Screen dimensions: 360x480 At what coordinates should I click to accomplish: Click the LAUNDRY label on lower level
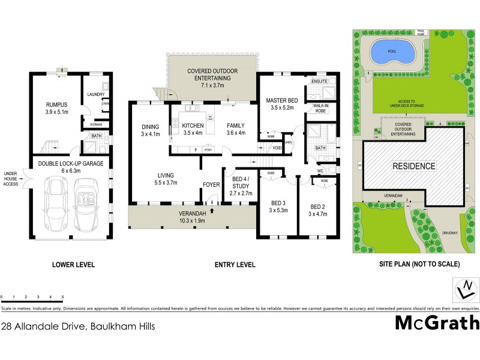tap(96, 94)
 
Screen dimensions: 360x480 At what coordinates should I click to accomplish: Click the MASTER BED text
tap(281, 101)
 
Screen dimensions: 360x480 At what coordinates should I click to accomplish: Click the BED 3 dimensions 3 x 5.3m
tap(278, 211)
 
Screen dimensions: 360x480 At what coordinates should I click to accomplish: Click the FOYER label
tap(211, 185)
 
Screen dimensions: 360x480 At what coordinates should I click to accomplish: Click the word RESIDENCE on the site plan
tap(414, 166)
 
